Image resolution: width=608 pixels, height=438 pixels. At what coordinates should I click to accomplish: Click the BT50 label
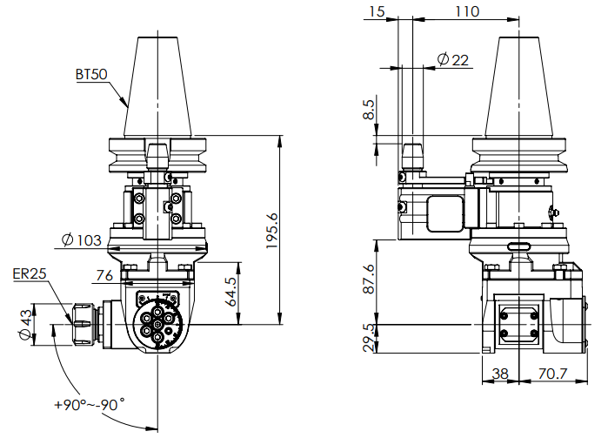click(90, 76)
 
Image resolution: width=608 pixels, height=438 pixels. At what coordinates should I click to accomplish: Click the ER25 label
click(30, 273)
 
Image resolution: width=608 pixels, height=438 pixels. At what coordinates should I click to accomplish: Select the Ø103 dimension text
click(83, 239)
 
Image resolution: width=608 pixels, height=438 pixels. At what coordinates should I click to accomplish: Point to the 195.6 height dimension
click(273, 232)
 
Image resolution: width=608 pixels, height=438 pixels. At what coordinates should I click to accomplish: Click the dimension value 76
click(104, 276)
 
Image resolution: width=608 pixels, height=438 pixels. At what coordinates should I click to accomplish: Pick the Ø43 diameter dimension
click(25, 324)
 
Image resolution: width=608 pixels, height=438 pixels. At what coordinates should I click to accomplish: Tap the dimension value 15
click(377, 11)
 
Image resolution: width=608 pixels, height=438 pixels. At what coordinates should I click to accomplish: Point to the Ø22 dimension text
click(452, 59)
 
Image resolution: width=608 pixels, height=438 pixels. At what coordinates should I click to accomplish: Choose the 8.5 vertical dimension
click(369, 111)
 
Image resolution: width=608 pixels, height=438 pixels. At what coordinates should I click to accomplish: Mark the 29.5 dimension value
click(369, 338)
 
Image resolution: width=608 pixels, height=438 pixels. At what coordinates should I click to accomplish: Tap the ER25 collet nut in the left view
click(83, 324)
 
